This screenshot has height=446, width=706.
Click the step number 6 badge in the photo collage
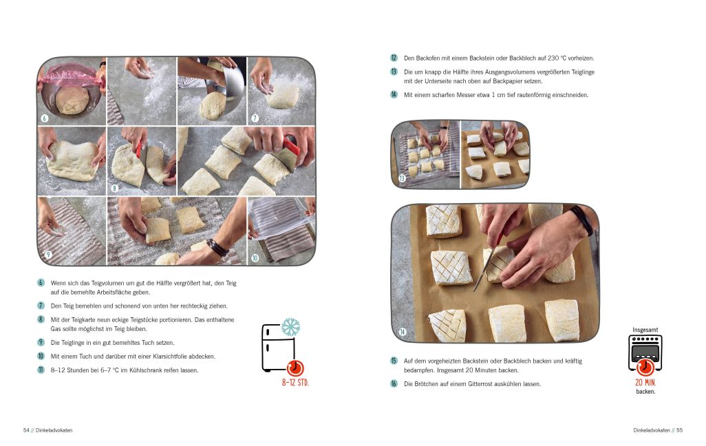(45, 118)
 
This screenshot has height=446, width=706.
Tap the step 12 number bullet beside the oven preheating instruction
(394, 58)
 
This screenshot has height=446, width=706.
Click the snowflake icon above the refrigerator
(291, 327)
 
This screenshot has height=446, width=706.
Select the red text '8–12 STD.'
(295, 383)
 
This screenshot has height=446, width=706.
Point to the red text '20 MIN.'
(645, 383)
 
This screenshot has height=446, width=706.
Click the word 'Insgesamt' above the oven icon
(645, 330)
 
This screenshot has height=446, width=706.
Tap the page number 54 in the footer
(26, 430)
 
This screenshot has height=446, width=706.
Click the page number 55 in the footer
(679, 430)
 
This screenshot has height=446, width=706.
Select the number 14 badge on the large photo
(403, 332)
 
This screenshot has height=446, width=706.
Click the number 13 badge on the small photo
(402, 178)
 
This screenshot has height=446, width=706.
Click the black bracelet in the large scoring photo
(583, 220)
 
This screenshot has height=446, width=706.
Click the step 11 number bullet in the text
(41, 370)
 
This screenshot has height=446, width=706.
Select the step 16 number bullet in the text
(394, 384)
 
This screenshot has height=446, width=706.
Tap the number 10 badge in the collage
(255, 258)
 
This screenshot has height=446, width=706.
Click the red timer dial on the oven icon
(645, 367)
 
